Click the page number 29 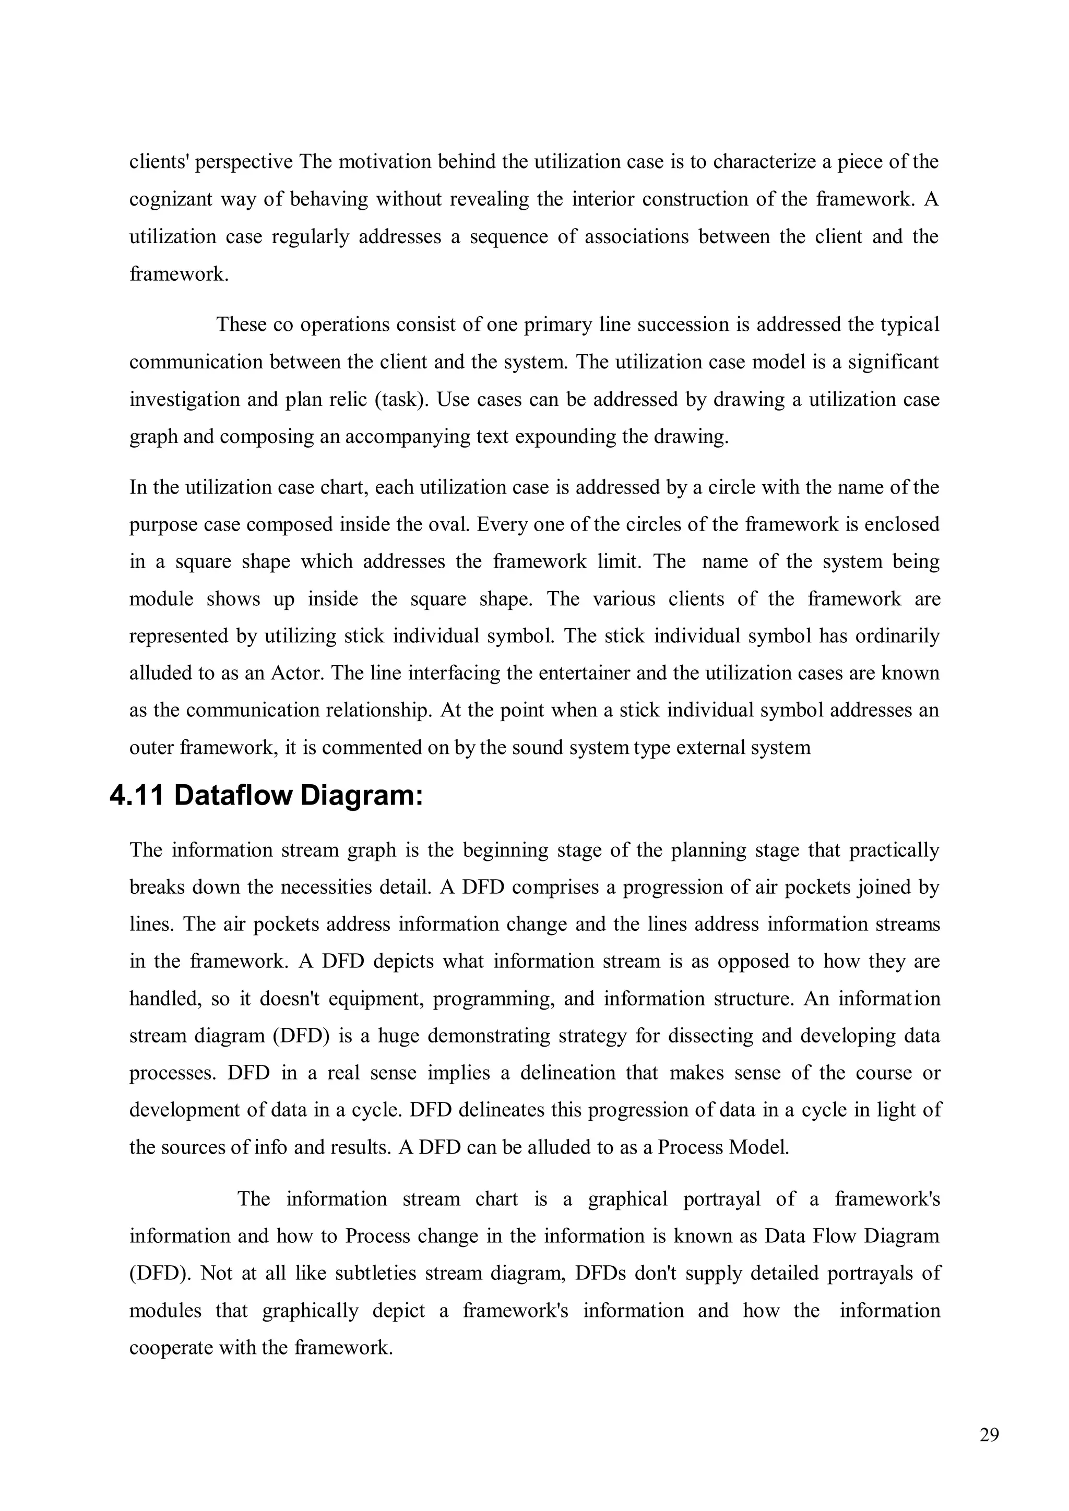point(989,1435)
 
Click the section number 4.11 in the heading point(136,796)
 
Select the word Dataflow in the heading point(233,796)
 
